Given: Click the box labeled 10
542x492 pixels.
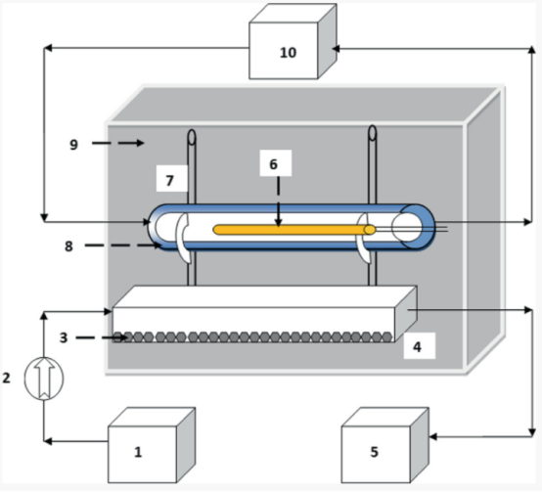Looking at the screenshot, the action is tap(293, 42).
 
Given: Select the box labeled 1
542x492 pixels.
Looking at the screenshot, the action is tap(152, 445).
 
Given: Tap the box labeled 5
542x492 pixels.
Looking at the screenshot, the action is tap(385, 445).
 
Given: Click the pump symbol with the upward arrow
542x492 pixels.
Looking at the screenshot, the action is tap(44, 379).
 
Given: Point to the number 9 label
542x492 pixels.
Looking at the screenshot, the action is tap(73, 144).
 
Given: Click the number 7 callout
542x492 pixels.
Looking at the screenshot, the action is tap(172, 179).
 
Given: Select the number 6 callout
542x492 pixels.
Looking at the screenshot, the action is tap(276, 163).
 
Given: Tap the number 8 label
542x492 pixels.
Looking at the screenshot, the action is tap(68, 246).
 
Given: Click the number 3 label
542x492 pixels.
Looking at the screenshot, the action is tap(64, 337).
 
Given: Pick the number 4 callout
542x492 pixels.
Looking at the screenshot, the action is tap(420, 346).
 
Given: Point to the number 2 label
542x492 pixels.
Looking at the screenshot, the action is tap(6, 378).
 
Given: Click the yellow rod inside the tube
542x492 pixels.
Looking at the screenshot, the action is tap(294, 230).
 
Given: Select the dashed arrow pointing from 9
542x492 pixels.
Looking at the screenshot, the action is tap(117, 143).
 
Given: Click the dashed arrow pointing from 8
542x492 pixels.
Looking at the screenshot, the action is tap(123, 246).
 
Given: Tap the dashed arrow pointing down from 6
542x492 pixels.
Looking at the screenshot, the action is tap(279, 202).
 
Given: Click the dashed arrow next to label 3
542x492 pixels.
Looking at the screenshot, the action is tap(102, 337).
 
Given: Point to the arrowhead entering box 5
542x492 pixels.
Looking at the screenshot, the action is tap(432, 437).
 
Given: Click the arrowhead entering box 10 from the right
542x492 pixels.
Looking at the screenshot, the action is tap(336, 49).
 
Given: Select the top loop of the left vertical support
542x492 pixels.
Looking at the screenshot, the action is tap(192, 137).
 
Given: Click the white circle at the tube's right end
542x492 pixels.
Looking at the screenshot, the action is tap(407, 227).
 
